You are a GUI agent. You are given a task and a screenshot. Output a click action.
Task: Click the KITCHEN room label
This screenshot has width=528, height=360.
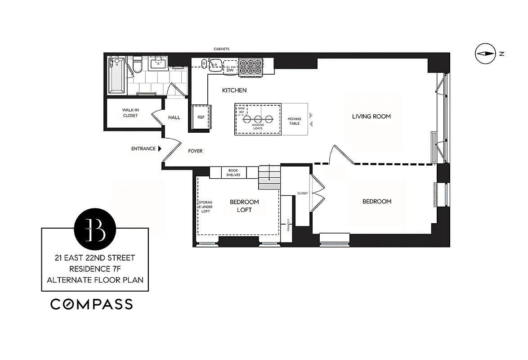pos(234,90)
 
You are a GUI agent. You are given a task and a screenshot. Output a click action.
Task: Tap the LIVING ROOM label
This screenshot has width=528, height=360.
pos(371,117)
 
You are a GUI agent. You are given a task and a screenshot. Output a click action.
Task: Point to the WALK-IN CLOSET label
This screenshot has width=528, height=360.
pos(130,112)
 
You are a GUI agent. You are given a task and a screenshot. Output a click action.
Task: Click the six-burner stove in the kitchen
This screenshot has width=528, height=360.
pos(250,67)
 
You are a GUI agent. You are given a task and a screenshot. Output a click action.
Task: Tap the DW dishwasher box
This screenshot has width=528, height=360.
pos(230,70)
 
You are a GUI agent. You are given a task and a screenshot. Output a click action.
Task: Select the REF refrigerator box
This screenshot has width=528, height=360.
pos(201,117)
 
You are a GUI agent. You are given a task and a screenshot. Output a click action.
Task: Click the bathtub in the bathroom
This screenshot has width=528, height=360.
pos(116,74)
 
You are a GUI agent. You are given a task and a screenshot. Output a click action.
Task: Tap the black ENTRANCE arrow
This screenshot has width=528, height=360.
pos(160,148)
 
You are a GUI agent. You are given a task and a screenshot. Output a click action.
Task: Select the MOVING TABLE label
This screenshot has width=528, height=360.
pos(294,121)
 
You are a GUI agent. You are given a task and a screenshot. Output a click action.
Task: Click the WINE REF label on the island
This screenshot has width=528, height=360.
pos(241,110)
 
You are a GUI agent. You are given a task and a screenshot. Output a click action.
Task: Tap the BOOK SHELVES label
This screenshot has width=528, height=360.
pos(234,172)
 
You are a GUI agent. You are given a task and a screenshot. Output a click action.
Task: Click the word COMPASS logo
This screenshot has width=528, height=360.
pos(91,304)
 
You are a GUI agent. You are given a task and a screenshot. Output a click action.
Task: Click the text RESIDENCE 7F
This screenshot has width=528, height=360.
pos(95,269)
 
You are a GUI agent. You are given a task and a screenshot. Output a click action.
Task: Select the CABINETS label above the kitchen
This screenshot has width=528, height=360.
pos(222,49)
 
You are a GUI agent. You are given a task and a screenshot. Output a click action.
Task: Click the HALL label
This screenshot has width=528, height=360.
pos(174,117)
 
